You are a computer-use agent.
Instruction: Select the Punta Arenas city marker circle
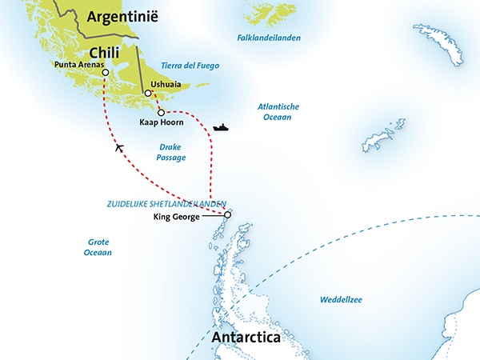click(105, 72)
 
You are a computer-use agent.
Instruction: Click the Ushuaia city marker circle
click(147, 94)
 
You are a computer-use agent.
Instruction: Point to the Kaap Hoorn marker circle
click(161, 112)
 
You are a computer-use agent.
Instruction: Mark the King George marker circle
click(227, 214)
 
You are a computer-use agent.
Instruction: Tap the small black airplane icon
click(119, 146)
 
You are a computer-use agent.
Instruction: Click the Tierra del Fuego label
click(190, 66)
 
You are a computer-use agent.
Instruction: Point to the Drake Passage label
click(172, 152)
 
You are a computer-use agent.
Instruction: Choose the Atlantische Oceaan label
click(274, 111)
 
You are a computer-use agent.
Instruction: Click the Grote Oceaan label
click(99, 247)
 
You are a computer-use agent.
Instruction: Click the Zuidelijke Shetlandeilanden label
click(166, 204)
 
